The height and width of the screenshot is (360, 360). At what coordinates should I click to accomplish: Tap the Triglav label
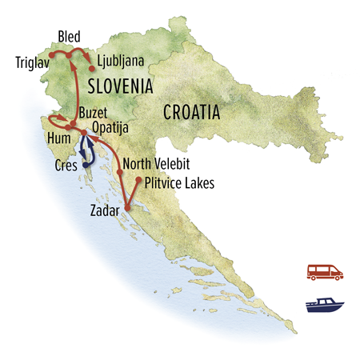coord(33,61)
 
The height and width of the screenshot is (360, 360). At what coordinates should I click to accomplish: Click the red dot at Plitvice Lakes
coord(138,181)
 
